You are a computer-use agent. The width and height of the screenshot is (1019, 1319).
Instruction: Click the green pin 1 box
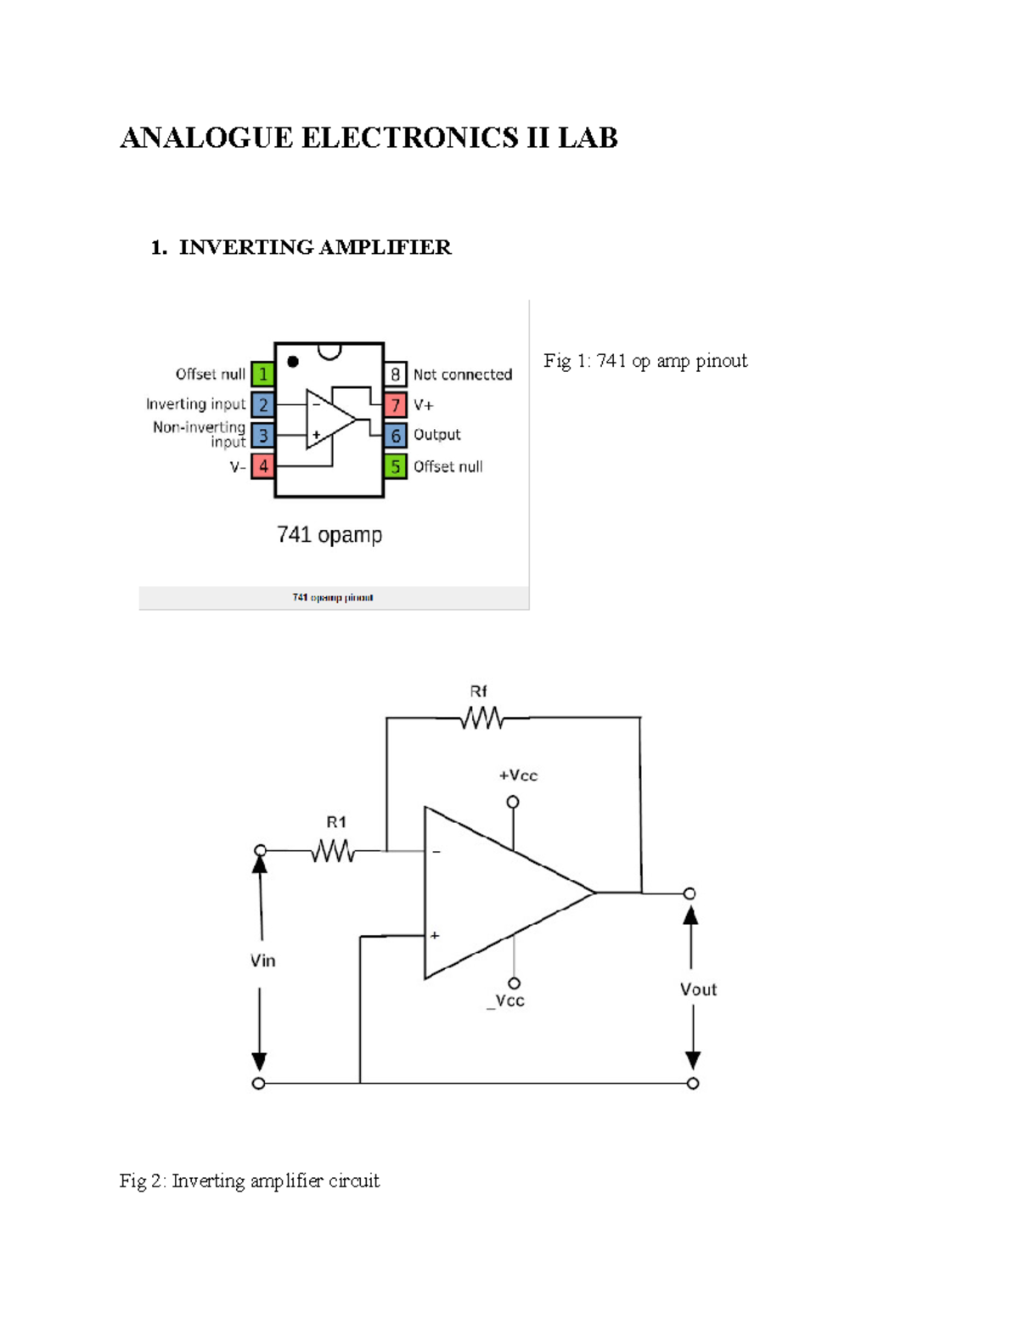click(x=262, y=374)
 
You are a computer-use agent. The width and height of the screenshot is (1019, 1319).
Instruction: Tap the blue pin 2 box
click(x=262, y=405)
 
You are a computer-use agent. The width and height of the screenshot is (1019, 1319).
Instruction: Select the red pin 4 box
click(x=262, y=466)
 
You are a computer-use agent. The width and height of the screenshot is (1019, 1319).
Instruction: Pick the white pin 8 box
click(x=395, y=374)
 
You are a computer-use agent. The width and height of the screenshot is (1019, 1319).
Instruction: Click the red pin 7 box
click(x=395, y=405)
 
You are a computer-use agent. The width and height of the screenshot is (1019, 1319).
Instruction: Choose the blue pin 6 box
click(x=395, y=436)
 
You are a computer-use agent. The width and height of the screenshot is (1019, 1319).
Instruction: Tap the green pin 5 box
click(x=395, y=466)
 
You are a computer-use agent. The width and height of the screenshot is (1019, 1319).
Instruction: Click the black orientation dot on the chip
click(x=293, y=362)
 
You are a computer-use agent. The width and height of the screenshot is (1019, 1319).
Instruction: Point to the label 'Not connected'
click(x=463, y=375)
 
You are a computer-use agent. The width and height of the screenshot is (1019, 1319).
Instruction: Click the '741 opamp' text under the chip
click(x=329, y=535)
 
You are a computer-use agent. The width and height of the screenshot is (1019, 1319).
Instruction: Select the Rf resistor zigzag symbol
click(x=481, y=719)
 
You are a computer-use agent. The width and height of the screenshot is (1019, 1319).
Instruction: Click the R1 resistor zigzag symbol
click(x=333, y=850)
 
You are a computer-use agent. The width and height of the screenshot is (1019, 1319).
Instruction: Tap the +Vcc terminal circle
click(x=512, y=802)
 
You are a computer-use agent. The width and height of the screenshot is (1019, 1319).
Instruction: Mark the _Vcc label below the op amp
click(x=506, y=1001)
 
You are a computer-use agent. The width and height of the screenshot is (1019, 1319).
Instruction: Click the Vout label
click(x=698, y=989)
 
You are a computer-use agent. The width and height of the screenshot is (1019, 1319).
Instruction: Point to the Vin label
click(x=262, y=961)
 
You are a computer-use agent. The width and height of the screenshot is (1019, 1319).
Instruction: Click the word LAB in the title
click(x=588, y=138)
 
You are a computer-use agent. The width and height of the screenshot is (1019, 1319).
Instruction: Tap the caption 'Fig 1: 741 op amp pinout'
click(x=645, y=361)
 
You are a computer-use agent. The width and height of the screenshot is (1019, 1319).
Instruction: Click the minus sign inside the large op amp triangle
click(x=436, y=851)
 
